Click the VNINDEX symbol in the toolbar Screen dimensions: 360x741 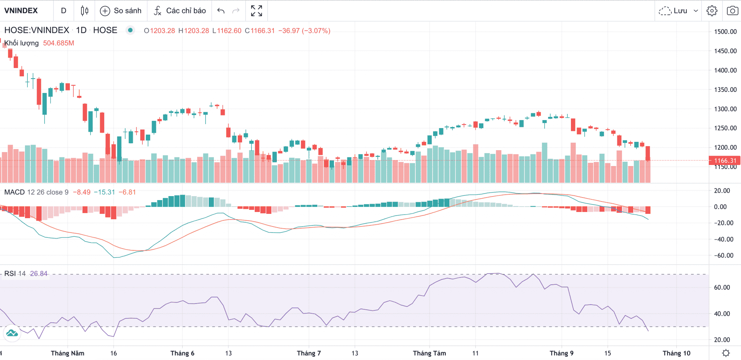pos(21,10)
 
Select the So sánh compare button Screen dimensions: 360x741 pos(121,11)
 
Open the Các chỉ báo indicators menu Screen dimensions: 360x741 pos(180,11)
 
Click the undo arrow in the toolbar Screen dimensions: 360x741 pos(221,11)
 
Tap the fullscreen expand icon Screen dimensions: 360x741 pos(257,11)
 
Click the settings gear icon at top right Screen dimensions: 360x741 pos(712,11)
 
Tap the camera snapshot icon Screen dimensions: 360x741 pos(732,11)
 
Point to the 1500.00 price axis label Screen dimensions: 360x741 pos(725,31)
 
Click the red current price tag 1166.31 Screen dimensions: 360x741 pos(725,160)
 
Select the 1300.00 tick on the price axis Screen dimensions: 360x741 pos(725,109)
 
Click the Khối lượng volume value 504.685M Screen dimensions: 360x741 pos(59,43)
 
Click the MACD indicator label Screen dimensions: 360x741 pos(14,192)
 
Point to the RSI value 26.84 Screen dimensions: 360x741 pos(39,274)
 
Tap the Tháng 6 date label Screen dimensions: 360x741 pos(182,353)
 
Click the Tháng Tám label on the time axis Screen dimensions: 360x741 pos(429,353)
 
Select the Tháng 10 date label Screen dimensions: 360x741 pos(676,353)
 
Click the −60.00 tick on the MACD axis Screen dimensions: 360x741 pos(724,255)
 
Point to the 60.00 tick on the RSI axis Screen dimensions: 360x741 pos(722,288)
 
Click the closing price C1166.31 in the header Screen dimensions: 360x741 pos(260,31)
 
